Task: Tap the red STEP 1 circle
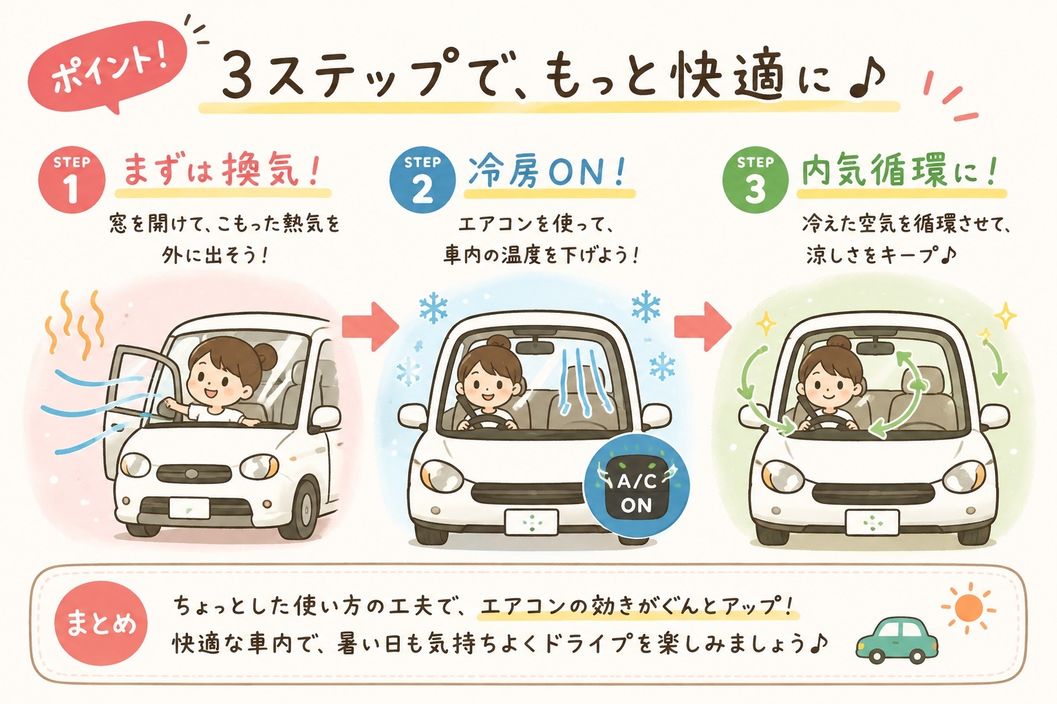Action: (x=72, y=181)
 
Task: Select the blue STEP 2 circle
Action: (x=423, y=181)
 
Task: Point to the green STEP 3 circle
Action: (x=756, y=181)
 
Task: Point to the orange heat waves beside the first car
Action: (x=76, y=325)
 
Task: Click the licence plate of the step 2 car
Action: (x=531, y=522)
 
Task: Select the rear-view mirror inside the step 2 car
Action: (x=534, y=347)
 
